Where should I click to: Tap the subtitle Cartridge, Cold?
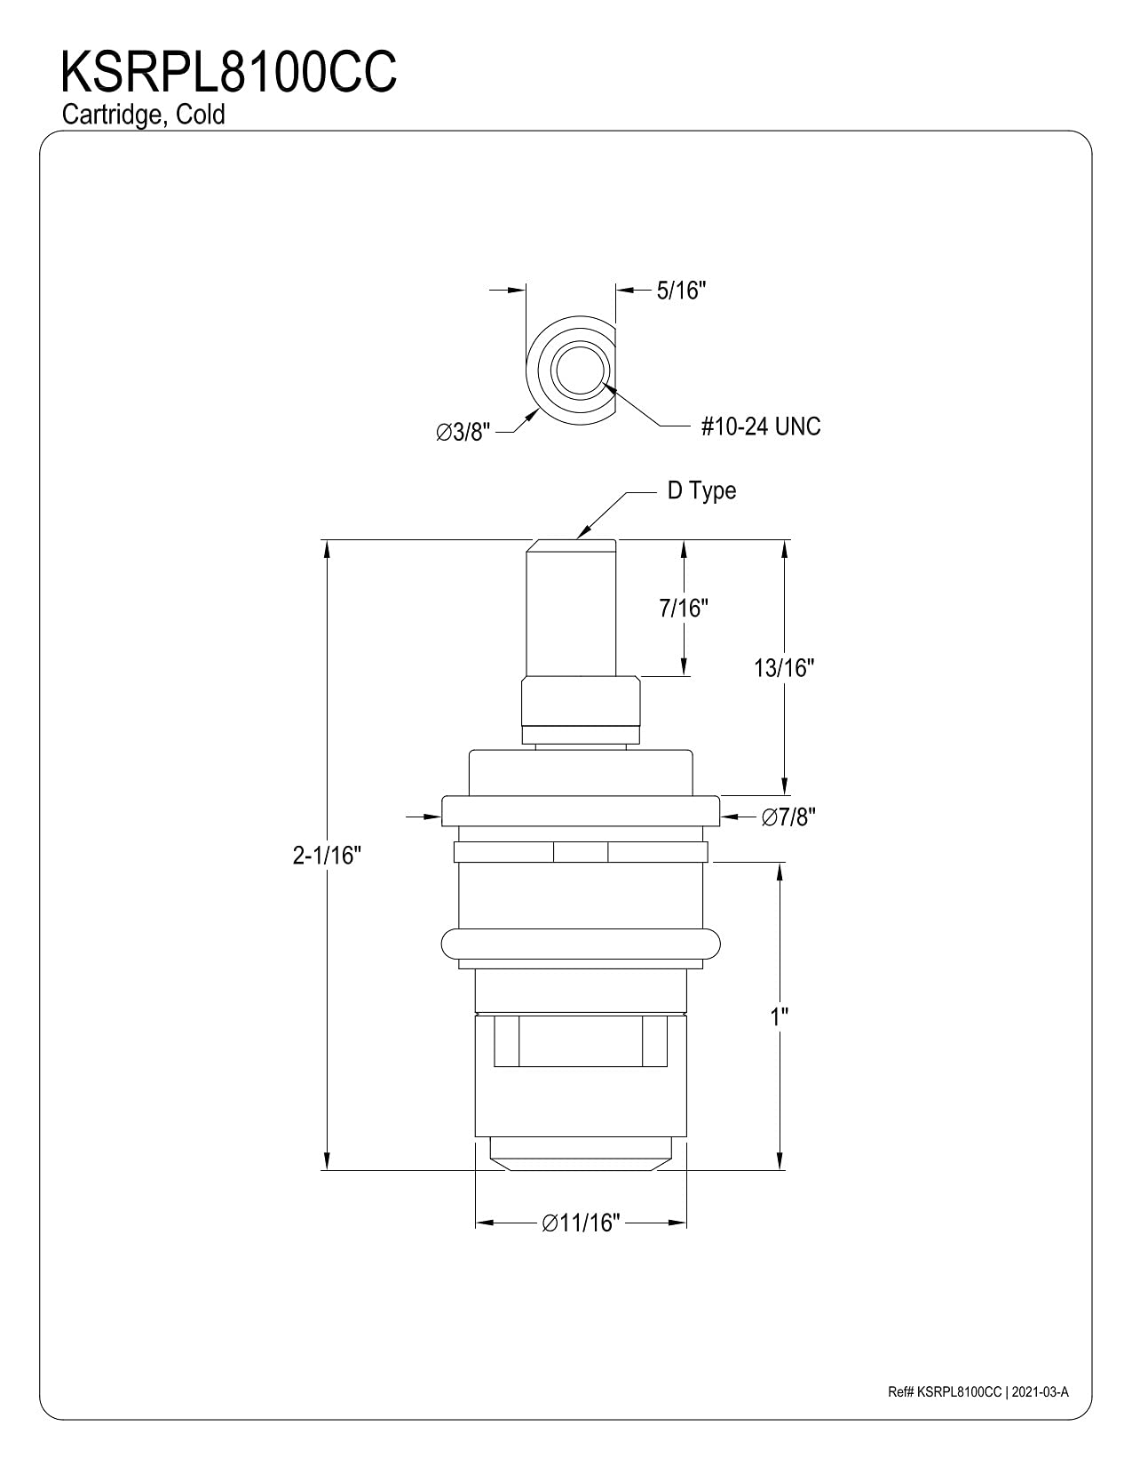click(x=143, y=115)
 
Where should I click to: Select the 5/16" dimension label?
click(x=681, y=291)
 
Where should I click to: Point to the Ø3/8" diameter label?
click(x=463, y=432)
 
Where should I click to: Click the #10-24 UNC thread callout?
click(x=761, y=426)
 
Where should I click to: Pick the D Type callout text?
click(x=701, y=491)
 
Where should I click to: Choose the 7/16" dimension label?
click(x=684, y=608)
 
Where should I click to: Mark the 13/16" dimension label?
click(x=784, y=668)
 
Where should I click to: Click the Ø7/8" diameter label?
click(x=788, y=817)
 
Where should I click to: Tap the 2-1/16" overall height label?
click(x=327, y=856)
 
